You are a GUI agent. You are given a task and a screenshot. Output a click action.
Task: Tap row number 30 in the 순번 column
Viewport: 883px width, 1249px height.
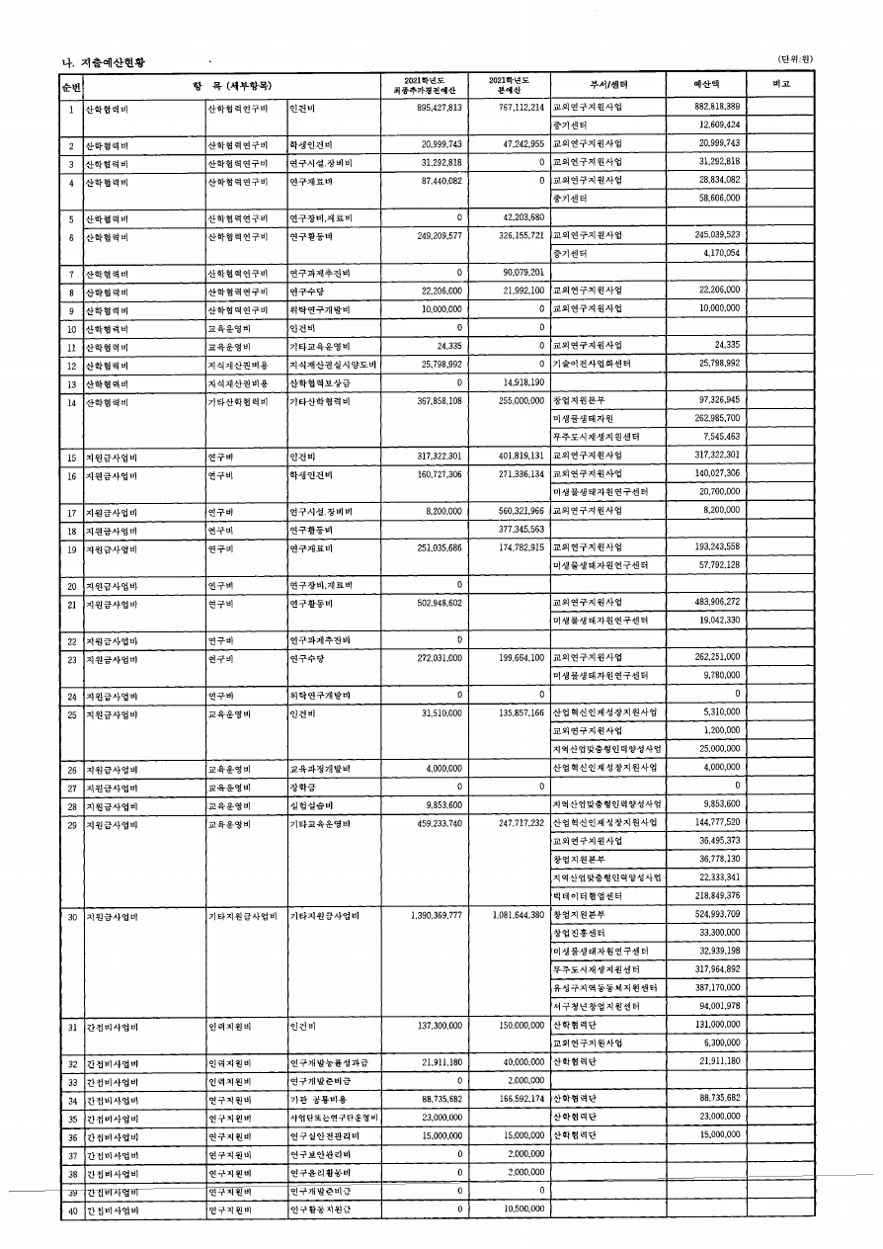coord(71,916)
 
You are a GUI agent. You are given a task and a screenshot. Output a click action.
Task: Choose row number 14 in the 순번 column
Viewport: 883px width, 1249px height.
coord(71,402)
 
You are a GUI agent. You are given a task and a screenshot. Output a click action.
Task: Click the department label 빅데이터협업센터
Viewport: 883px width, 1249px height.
coord(587,896)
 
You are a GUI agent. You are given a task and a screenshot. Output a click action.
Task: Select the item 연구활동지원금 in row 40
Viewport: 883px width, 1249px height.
coord(319,1208)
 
